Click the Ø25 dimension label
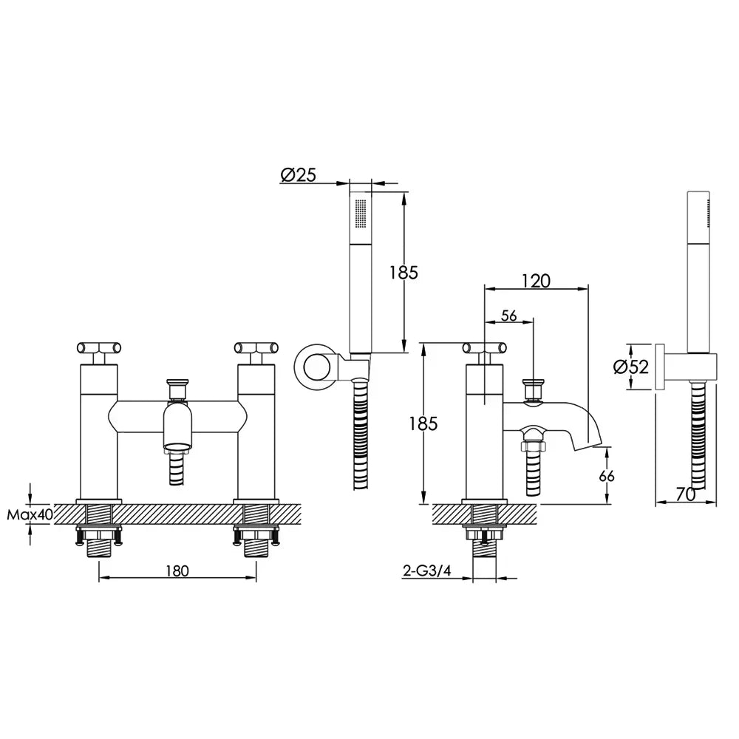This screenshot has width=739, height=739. click(299, 175)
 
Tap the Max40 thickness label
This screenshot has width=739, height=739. click(30, 514)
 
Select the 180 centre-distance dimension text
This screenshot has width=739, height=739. click(177, 571)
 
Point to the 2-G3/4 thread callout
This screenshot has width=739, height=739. click(427, 571)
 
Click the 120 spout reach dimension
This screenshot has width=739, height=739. click(536, 281)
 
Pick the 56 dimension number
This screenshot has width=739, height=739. click(509, 316)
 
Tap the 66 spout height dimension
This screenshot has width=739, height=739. click(607, 476)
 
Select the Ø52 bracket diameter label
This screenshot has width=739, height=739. click(631, 367)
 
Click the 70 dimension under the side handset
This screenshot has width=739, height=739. click(686, 494)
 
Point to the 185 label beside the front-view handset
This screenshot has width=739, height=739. click(403, 273)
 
